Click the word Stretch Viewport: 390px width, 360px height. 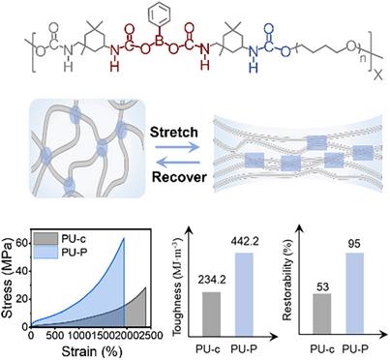(174, 133)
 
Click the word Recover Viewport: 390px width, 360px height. (179, 177)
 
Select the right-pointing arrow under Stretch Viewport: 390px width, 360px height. (177, 147)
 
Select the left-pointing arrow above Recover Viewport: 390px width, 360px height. (180, 163)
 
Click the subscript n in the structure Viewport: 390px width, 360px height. (363, 59)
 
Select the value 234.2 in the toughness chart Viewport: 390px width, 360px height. (212, 280)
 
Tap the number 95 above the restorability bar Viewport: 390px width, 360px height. (354, 243)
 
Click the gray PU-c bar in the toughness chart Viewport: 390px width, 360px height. (211, 314)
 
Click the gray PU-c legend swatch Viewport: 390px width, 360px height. (45, 239)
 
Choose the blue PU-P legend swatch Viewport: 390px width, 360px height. (45, 252)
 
